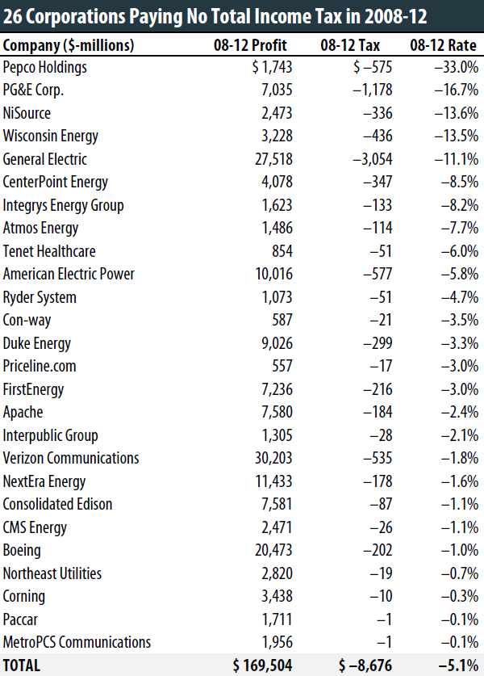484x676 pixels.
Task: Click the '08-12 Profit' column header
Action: [x=250, y=45]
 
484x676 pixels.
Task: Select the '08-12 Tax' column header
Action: [x=350, y=45]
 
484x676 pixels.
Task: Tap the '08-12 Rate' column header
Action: [x=443, y=45]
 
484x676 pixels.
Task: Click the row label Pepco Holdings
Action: [x=45, y=67]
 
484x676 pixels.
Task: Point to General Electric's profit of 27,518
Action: [x=273, y=159]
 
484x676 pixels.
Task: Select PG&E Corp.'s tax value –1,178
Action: [x=373, y=90]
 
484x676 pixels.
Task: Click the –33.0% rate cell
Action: [x=456, y=67]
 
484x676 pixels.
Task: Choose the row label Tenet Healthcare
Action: [x=49, y=251]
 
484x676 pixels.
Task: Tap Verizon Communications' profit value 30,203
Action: [x=273, y=458]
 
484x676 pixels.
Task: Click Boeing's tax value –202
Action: [x=378, y=550]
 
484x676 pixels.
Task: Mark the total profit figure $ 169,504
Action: [x=262, y=666]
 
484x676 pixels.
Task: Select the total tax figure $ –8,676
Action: [x=365, y=666]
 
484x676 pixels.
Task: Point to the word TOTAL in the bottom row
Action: [x=22, y=666]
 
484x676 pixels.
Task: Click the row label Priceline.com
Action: [x=40, y=366]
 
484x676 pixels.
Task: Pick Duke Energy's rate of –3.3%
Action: [x=460, y=343]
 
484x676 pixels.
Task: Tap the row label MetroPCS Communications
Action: [x=77, y=642]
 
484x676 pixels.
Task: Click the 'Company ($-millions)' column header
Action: [x=69, y=46]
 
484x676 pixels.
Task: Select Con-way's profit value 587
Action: [x=282, y=320]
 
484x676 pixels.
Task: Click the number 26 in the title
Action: [x=12, y=17]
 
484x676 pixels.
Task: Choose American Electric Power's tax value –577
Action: [x=378, y=274]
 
